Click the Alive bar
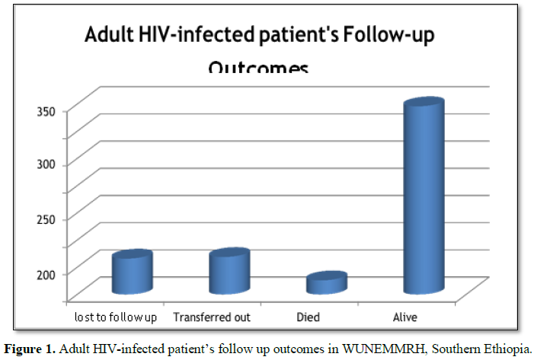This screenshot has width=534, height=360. (424, 198)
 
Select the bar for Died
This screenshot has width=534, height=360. (326, 283)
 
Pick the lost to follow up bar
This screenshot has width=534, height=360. (132, 273)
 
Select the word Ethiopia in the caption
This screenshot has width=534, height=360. (507, 349)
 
